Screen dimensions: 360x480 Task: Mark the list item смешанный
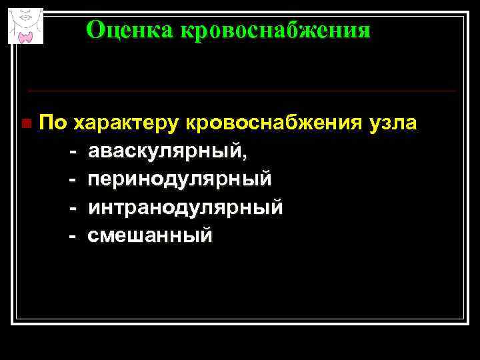click(150, 235)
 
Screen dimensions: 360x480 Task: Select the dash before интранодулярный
click(73, 208)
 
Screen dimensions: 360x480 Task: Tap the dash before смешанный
click(73, 235)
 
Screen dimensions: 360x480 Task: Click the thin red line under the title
click(240, 91)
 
